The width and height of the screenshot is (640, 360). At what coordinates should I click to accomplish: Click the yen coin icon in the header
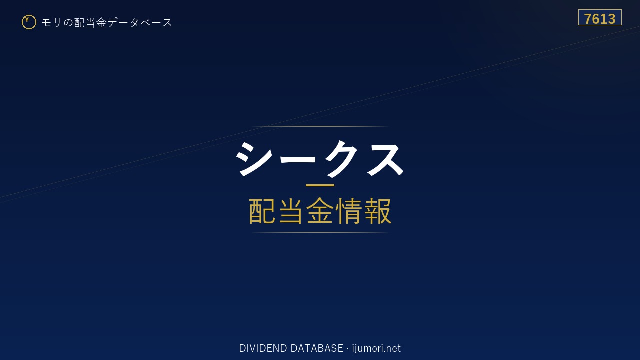pos(29,22)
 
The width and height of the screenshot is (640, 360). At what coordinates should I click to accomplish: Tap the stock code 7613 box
pos(600,17)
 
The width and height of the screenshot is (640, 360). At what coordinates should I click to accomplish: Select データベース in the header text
pos(140,23)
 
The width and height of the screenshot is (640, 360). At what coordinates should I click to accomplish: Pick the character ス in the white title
pos(384,158)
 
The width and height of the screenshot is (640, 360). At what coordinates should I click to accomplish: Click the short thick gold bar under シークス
pos(320,185)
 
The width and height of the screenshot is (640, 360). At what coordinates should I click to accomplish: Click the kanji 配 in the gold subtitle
pos(262,211)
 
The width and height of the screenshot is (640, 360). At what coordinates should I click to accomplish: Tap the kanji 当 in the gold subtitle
pos(291,211)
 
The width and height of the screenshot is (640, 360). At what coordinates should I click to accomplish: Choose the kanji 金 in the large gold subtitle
pos(320,211)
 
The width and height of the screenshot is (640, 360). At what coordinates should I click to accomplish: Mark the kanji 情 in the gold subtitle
pos(349,211)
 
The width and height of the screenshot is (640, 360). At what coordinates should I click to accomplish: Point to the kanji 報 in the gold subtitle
pos(377,211)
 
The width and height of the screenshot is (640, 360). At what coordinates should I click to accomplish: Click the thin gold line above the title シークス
pos(320,126)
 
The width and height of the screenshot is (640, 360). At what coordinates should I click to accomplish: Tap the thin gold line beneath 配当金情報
pos(320,233)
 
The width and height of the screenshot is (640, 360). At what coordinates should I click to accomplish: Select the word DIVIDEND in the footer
pos(263,348)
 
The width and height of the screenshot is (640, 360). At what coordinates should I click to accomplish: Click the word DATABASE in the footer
pos(317,348)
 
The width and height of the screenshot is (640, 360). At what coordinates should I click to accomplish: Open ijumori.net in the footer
pos(376,348)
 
